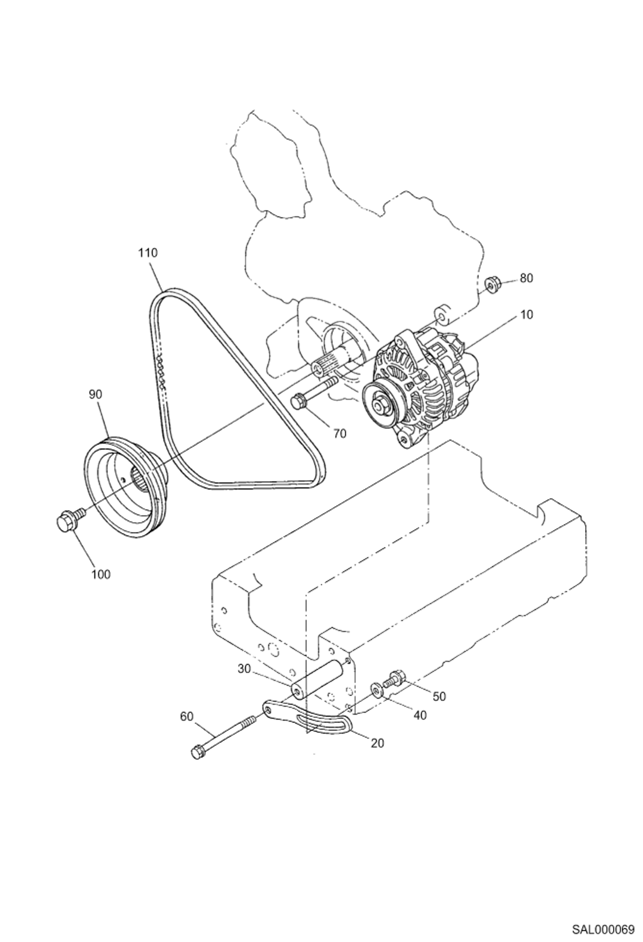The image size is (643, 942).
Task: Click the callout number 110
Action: coord(148,253)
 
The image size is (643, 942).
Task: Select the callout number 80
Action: coord(526,278)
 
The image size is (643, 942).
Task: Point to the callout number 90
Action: coord(95,395)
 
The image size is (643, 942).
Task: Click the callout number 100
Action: coord(101,574)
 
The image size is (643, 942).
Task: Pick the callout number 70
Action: coord(340,434)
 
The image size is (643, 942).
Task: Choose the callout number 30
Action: coord(244,669)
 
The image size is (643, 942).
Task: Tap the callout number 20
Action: coord(377,743)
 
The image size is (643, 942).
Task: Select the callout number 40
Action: coord(420,715)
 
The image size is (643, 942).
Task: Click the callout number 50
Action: coord(439,696)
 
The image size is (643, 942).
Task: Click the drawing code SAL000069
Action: coord(603,927)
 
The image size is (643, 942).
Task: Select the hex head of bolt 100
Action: coord(65,520)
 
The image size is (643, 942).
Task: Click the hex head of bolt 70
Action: coord(298,402)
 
